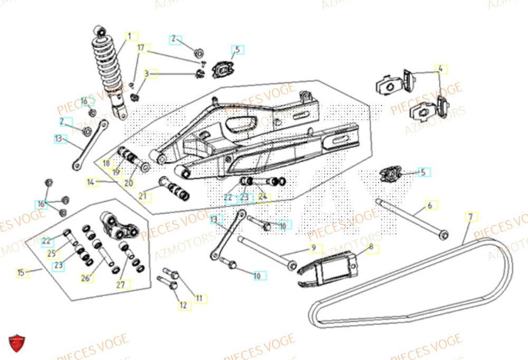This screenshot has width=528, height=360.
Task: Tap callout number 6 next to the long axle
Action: click(430, 205)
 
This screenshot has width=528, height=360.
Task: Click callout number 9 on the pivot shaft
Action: click(313, 247)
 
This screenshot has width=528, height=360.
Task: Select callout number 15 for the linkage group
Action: click(21, 273)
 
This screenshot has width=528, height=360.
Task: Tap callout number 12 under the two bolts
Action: click(183, 305)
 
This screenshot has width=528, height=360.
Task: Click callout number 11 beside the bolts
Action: click(199, 298)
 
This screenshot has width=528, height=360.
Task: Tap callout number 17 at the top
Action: click(141, 48)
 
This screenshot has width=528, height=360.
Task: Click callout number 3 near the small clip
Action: click(147, 73)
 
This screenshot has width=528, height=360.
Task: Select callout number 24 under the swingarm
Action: click(262, 198)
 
